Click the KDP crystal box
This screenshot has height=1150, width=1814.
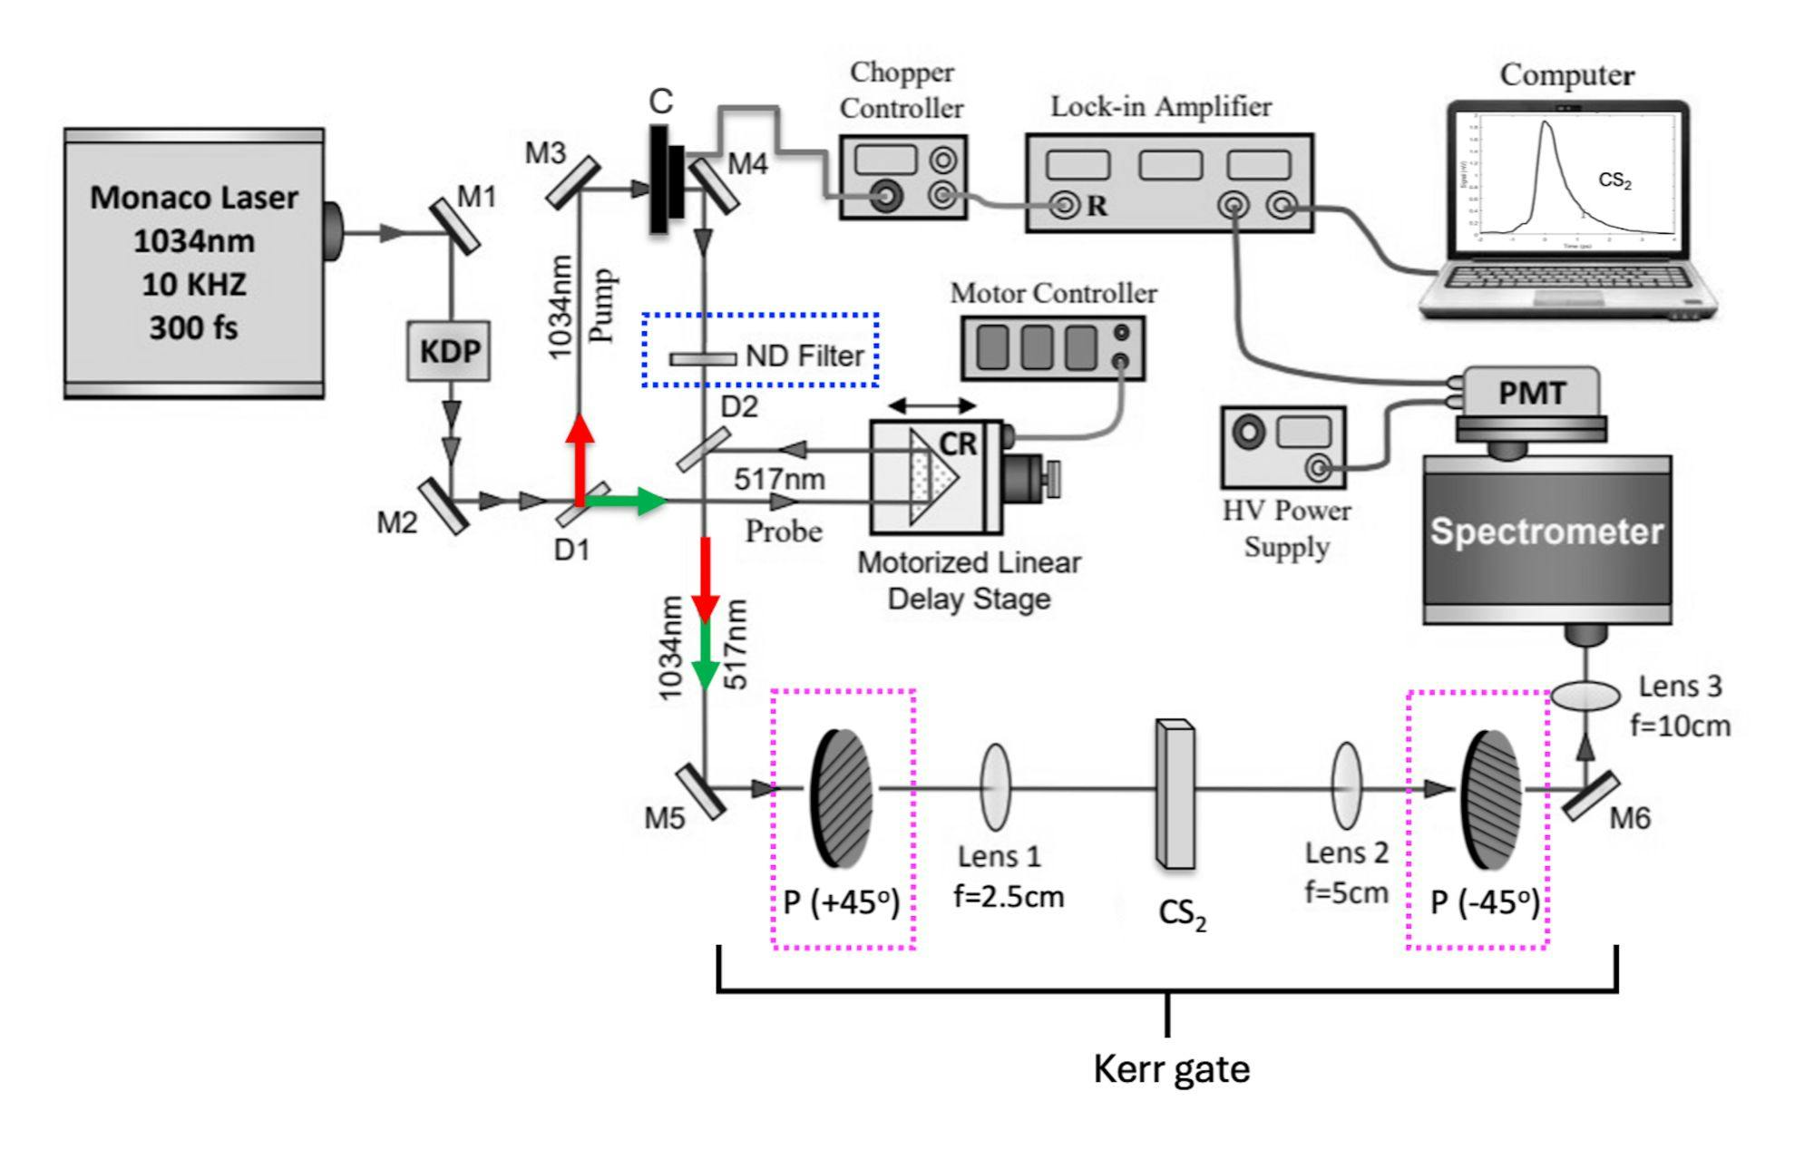tap(450, 351)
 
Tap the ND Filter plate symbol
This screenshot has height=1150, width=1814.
tap(703, 359)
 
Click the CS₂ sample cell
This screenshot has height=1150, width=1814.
tap(1175, 794)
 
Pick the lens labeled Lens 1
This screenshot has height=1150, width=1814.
tap(995, 787)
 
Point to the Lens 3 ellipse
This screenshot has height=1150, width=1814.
tap(1585, 697)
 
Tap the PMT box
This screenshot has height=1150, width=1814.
tap(1531, 394)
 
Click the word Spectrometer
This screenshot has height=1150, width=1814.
tap(1546, 532)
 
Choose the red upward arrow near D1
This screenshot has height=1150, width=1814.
tap(579, 458)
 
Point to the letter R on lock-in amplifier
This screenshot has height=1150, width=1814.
tap(1097, 207)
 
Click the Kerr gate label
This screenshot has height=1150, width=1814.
tap(1171, 1069)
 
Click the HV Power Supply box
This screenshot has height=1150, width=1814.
tap(1283, 447)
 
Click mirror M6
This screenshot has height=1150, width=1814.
tap(1590, 796)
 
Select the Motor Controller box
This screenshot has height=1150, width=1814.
tap(1053, 347)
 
